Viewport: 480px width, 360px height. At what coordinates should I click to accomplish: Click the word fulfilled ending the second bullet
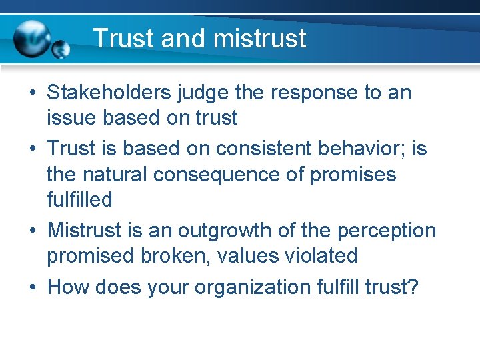click(x=79, y=199)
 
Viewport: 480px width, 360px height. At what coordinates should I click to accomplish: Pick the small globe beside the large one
click(x=61, y=49)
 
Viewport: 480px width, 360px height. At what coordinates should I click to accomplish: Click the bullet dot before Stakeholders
click(x=32, y=93)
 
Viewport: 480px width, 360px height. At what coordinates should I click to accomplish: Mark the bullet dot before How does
click(x=32, y=287)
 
